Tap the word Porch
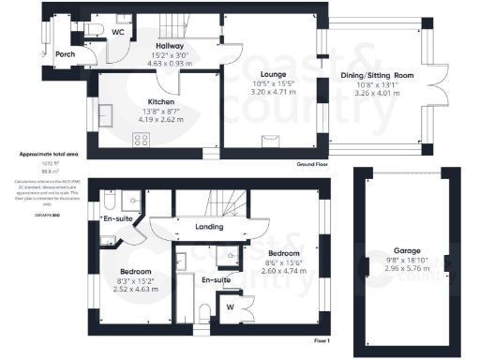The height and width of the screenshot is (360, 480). pos(64,53)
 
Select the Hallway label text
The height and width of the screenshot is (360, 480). pos(170,46)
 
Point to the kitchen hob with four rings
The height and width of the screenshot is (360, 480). pos(143,141)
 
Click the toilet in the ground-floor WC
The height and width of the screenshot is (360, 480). pos(97,31)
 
